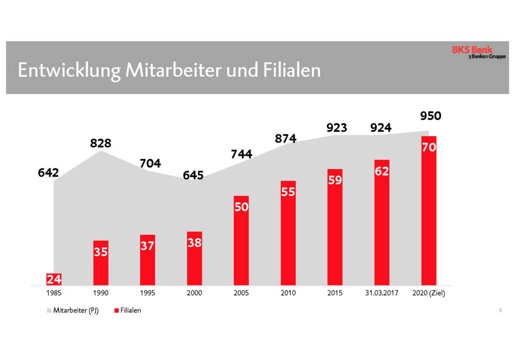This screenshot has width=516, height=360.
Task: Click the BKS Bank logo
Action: pos(478,52)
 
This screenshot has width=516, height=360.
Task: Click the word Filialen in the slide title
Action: pos(292,70)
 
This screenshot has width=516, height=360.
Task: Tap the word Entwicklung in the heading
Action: pos(69,70)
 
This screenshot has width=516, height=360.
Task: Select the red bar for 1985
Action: pos(54,279)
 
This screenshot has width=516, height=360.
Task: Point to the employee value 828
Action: pos(101,143)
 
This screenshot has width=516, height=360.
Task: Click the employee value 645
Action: pos(193,175)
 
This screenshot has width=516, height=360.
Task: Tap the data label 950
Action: pos(431,116)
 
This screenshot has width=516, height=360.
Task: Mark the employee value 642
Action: pos(48,173)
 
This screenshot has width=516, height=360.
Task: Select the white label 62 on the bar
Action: pos(382,171)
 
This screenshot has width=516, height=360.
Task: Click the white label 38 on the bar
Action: pos(195,243)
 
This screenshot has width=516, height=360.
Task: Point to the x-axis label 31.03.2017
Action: pos(382,293)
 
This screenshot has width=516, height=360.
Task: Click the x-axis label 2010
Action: pos(288,293)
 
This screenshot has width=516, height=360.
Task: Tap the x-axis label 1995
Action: pos(147,293)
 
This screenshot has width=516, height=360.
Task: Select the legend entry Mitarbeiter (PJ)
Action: pos(76,311)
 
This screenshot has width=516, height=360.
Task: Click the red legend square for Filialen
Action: pos(116,311)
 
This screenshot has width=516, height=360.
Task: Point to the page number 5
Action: pos(500,310)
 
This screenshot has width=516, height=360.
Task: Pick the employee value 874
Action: pos(286,138)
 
